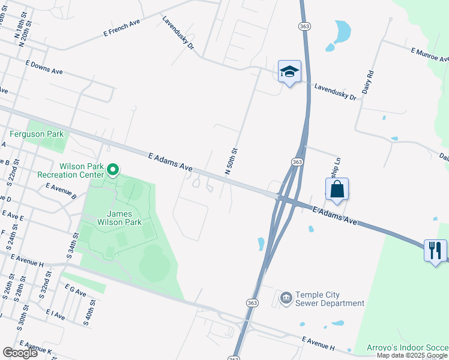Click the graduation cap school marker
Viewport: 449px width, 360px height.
pos(289,72)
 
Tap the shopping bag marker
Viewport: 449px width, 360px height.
pos(337,189)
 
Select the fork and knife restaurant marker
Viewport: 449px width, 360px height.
pos(435,249)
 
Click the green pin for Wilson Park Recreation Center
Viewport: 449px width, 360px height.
pos(113,171)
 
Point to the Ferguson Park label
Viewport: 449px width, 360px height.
pos(36,133)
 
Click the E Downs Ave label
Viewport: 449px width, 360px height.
pos(44,67)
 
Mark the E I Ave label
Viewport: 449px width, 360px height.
pos(54,314)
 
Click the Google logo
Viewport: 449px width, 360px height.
pos(20,353)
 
